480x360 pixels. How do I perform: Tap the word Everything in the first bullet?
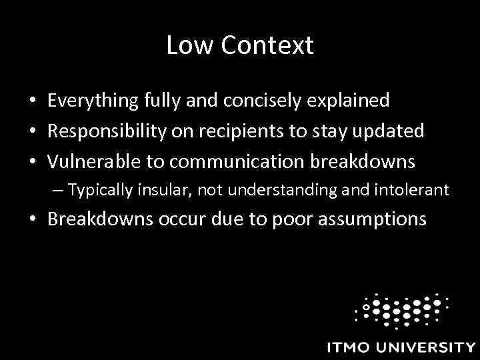pos(93,101)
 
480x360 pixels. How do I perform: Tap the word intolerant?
pos(414,190)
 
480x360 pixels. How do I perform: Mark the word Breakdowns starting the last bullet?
pos(101,219)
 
